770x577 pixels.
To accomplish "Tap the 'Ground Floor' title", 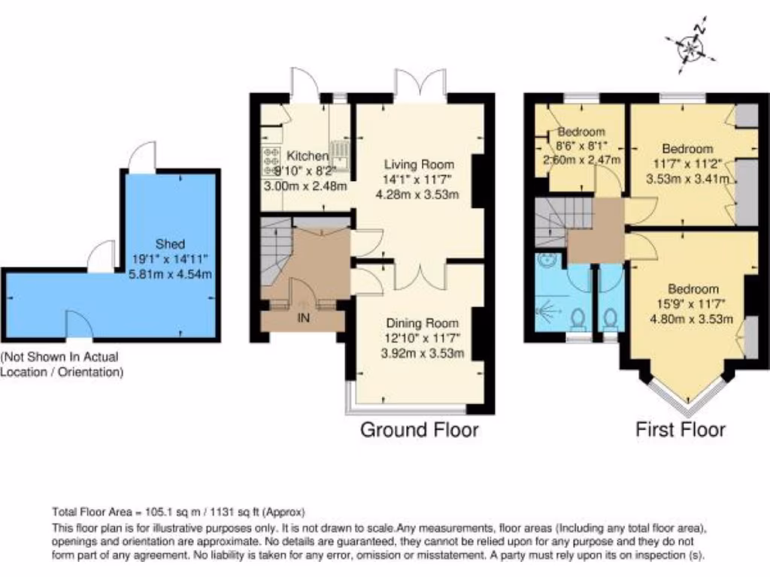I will [419, 430].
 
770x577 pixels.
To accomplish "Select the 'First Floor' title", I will [680, 430].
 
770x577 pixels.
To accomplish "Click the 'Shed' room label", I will [170, 244].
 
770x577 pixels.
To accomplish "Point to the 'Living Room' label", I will [419, 165].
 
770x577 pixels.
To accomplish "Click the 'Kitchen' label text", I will [308, 156].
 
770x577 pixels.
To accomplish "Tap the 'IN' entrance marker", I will [304, 318].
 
